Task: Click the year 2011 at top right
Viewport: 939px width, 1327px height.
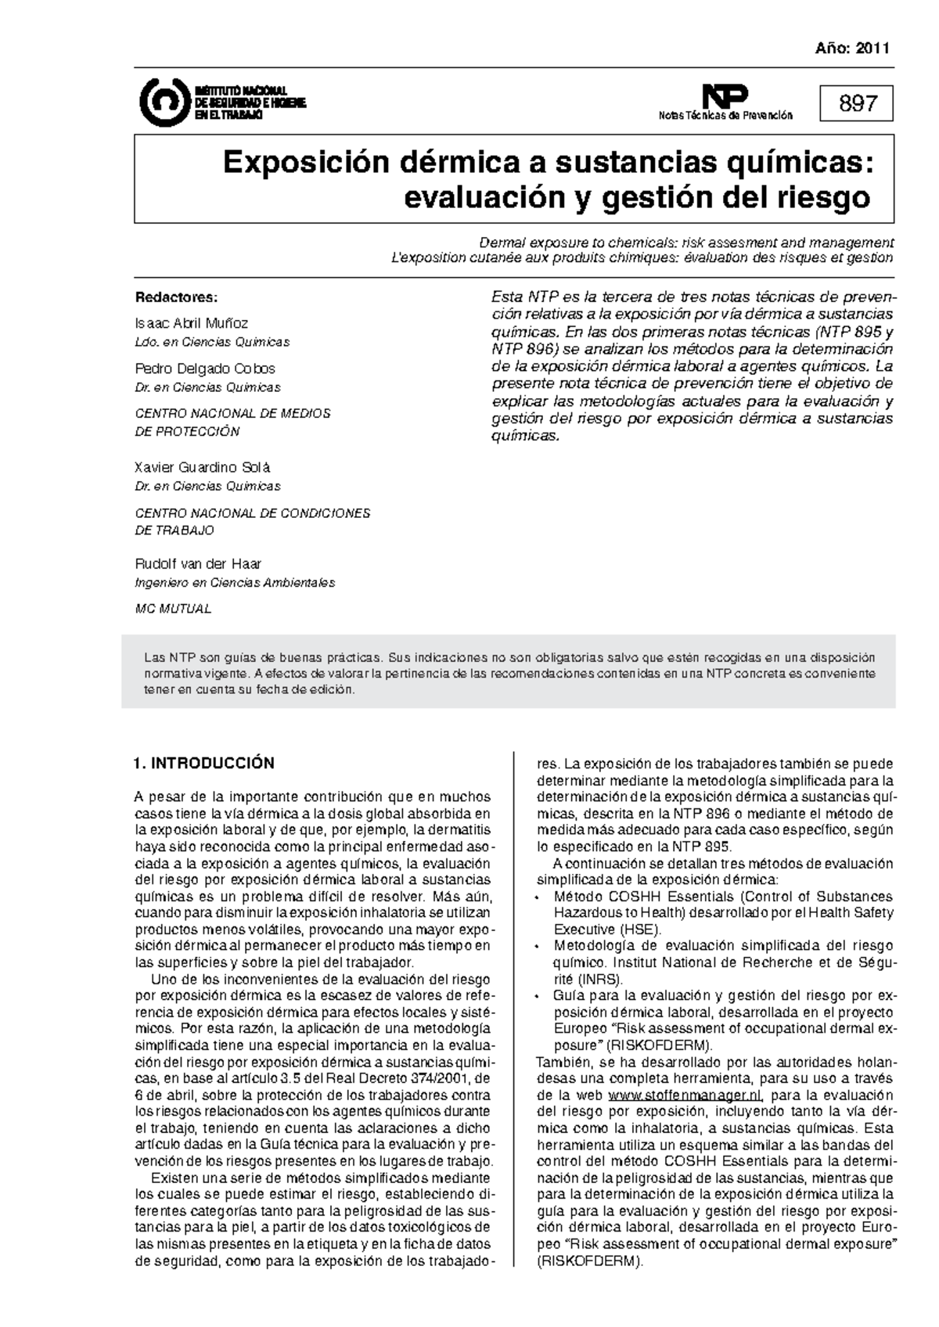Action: (872, 49)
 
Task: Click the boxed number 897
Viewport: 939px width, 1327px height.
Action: (857, 103)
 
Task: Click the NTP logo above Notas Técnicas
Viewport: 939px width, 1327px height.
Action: (725, 97)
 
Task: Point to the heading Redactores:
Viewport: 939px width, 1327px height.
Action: (176, 297)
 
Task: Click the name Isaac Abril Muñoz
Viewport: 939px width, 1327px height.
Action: (192, 322)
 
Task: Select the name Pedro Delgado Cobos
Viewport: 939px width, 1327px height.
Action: (205, 368)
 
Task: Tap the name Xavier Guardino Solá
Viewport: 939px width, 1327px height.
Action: (203, 467)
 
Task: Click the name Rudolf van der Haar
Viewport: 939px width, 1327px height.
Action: (198, 563)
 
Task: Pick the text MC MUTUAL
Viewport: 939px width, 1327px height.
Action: (173, 609)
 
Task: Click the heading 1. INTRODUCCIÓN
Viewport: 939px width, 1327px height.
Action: (204, 763)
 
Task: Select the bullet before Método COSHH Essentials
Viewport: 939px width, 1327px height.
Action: (536, 897)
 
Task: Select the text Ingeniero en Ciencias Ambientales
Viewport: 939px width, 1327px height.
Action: (235, 583)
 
